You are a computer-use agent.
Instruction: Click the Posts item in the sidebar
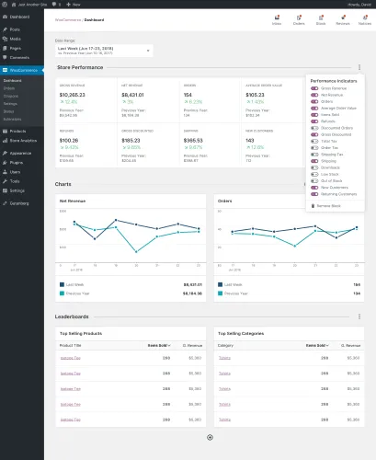pyautogui.click(x=17, y=29)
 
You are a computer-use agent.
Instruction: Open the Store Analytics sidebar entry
pyautogui.click(x=23, y=140)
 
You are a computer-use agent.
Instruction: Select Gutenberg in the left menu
pyautogui.click(x=20, y=198)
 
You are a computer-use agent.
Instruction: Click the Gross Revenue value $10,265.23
pyautogui.click(x=73, y=95)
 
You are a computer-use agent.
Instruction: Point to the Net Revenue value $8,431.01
pyautogui.click(x=133, y=95)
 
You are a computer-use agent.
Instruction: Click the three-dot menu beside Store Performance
pyautogui.click(x=359, y=67)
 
